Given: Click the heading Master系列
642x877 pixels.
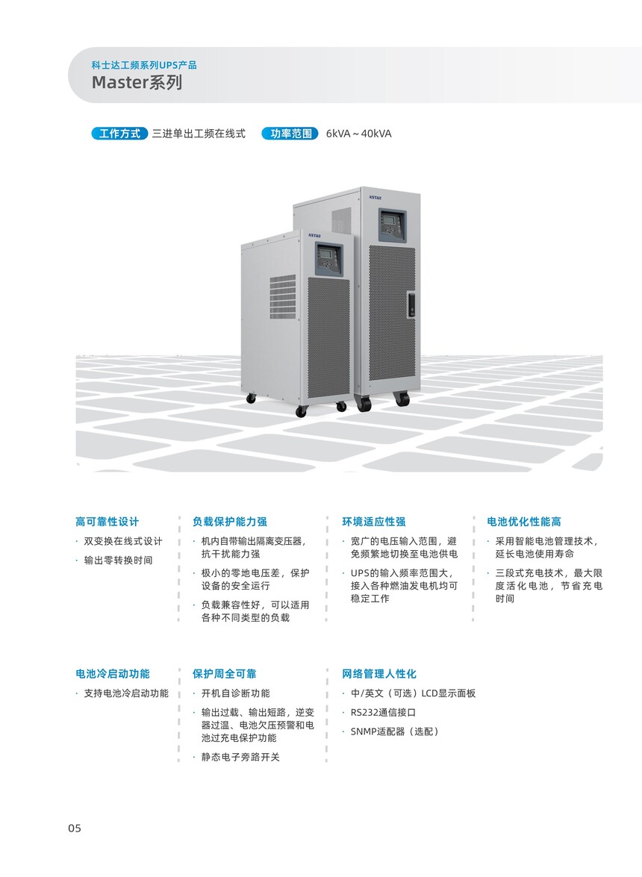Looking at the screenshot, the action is (x=137, y=82).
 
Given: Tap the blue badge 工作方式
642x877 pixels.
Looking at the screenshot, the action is (x=119, y=134).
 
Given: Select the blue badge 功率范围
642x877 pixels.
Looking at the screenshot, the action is (x=291, y=134).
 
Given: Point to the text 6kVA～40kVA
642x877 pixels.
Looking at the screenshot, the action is (x=359, y=134).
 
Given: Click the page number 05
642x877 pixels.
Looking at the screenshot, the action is (x=75, y=828).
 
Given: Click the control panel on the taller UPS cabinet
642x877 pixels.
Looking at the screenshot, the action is (x=393, y=225).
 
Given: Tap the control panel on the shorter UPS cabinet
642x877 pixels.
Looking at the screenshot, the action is (x=329, y=260).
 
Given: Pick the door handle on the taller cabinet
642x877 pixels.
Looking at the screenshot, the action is (x=412, y=305).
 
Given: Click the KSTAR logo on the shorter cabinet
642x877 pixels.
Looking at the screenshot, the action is (x=314, y=236).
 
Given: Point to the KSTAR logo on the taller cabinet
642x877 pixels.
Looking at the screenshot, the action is (x=375, y=197).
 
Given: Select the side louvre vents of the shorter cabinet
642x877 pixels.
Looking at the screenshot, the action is (x=283, y=296).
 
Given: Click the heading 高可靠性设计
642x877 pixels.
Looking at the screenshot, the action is (x=107, y=522).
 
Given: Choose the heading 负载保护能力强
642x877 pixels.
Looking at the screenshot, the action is (x=230, y=522).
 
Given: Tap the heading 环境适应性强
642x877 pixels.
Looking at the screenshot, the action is (x=374, y=522).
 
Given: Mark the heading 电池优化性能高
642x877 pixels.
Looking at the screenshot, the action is (x=524, y=522).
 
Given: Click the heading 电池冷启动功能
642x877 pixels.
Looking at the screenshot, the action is (x=113, y=674).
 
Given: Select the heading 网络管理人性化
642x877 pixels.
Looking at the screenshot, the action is (x=380, y=674).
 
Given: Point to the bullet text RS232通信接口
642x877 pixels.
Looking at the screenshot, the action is (x=383, y=713).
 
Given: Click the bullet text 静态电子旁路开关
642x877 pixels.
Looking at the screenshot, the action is (x=240, y=758).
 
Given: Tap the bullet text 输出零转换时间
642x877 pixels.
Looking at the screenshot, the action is (x=118, y=561).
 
